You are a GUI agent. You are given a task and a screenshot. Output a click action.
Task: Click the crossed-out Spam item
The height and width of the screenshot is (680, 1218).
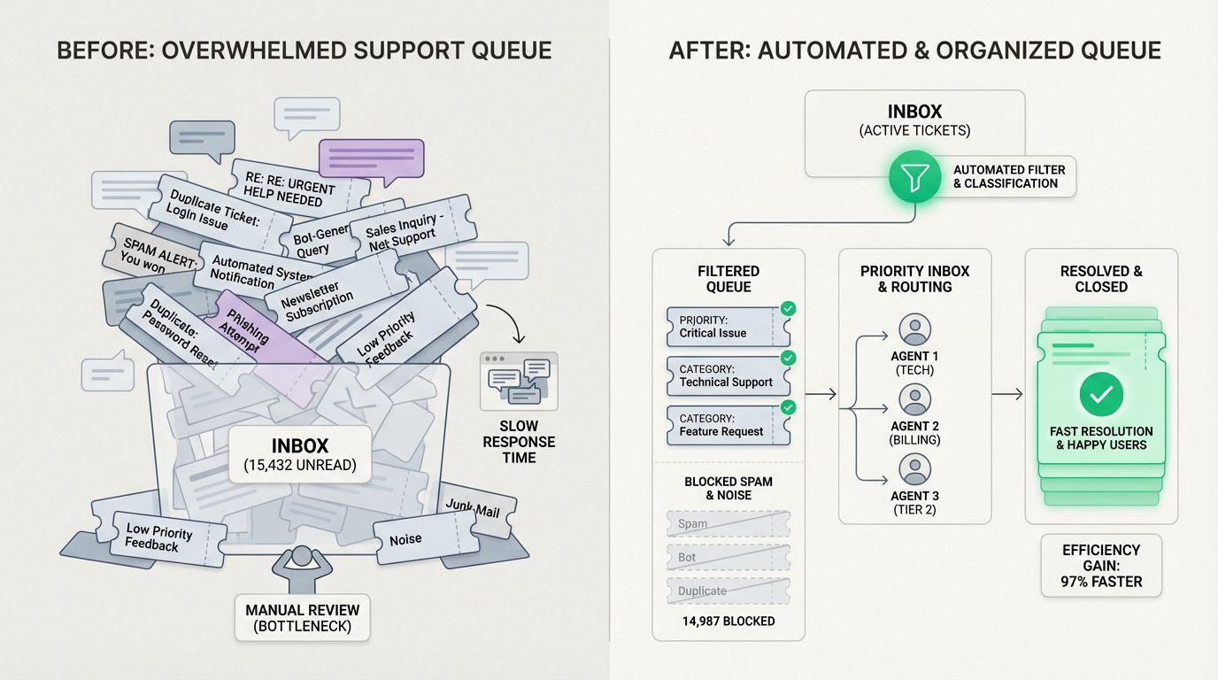(728, 523)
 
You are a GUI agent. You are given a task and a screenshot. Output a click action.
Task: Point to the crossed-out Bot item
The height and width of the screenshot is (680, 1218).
(728, 557)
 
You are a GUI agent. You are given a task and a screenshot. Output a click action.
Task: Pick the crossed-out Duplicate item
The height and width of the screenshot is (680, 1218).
(728, 591)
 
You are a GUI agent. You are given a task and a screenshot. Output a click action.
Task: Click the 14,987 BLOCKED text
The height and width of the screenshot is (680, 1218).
(728, 621)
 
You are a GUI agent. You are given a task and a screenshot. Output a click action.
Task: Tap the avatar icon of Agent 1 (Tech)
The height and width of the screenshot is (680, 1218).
(914, 329)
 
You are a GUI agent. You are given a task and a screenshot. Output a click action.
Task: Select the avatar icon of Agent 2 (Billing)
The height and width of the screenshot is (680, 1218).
(914, 400)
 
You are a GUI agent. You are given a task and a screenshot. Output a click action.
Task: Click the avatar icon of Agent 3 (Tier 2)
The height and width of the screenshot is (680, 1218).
(914, 469)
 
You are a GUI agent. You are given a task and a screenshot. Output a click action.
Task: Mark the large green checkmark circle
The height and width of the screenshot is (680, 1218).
(1101, 395)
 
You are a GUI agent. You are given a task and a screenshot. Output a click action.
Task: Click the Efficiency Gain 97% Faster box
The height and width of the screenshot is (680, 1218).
(1101, 566)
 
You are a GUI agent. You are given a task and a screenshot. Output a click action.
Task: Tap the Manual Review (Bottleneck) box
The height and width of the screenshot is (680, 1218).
(303, 618)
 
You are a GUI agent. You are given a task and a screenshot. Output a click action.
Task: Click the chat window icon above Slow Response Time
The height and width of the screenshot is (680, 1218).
(519, 381)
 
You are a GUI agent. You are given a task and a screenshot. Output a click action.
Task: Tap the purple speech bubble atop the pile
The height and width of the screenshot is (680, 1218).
(371, 158)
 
